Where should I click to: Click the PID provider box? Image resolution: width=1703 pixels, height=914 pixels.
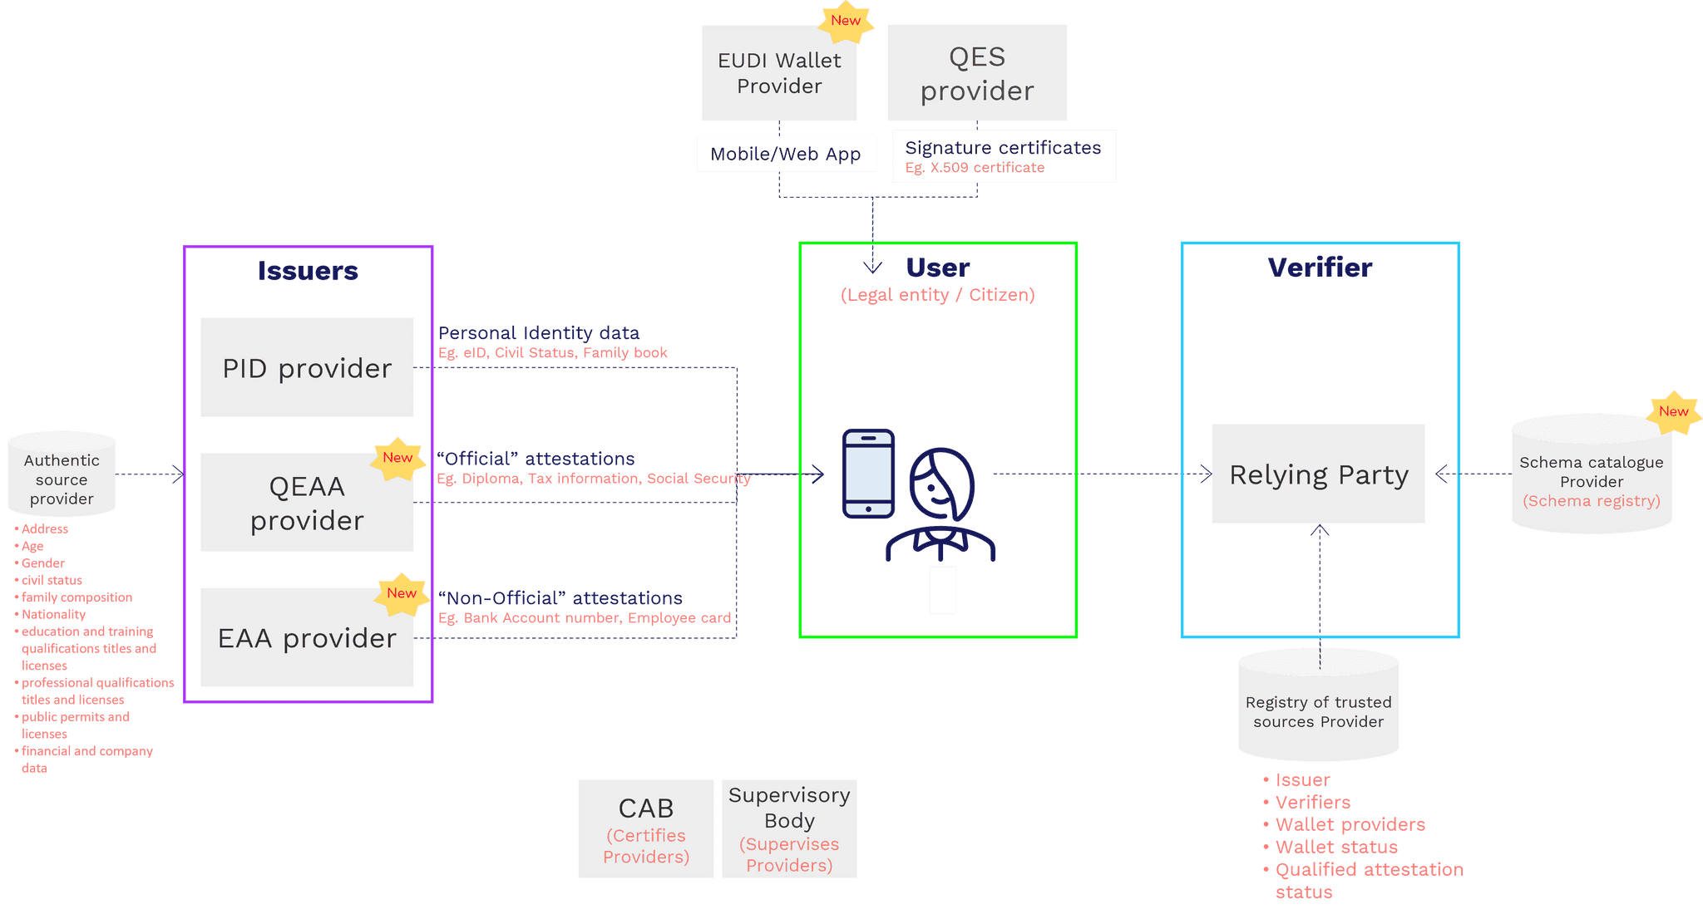(x=307, y=367)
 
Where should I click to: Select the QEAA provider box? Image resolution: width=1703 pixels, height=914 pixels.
(x=307, y=503)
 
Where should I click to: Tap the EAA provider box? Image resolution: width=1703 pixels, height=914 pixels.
(x=307, y=638)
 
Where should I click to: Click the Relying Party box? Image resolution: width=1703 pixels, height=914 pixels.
(x=1318, y=474)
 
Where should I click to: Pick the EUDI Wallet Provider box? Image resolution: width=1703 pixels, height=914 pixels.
(x=778, y=73)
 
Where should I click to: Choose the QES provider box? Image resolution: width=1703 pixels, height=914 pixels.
(x=976, y=73)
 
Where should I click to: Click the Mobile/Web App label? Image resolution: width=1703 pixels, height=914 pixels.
(x=786, y=154)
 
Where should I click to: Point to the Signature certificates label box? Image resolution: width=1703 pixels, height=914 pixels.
(x=1003, y=156)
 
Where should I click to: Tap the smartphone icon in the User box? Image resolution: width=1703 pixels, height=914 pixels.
(x=868, y=474)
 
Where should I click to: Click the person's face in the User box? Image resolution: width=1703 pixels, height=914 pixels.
(x=940, y=486)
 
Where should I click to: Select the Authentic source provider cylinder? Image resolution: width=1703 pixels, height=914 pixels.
(x=62, y=475)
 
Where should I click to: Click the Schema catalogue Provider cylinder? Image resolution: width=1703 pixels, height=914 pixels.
(x=1591, y=476)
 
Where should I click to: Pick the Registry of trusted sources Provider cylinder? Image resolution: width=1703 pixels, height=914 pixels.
(x=1318, y=707)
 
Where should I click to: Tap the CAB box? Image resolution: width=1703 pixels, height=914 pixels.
(x=646, y=828)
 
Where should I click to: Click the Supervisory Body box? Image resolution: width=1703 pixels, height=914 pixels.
(x=789, y=828)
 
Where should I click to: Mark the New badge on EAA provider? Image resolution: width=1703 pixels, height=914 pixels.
(x=402, y=593)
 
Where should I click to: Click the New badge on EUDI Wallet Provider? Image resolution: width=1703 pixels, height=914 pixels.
(x=846, y=21)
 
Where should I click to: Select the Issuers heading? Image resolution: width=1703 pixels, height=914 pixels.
(x=308, y=271)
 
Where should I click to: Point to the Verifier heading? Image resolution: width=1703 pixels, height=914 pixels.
(x=1320, y=268)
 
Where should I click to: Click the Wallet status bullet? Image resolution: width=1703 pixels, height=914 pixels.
(x=1335, y=847)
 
